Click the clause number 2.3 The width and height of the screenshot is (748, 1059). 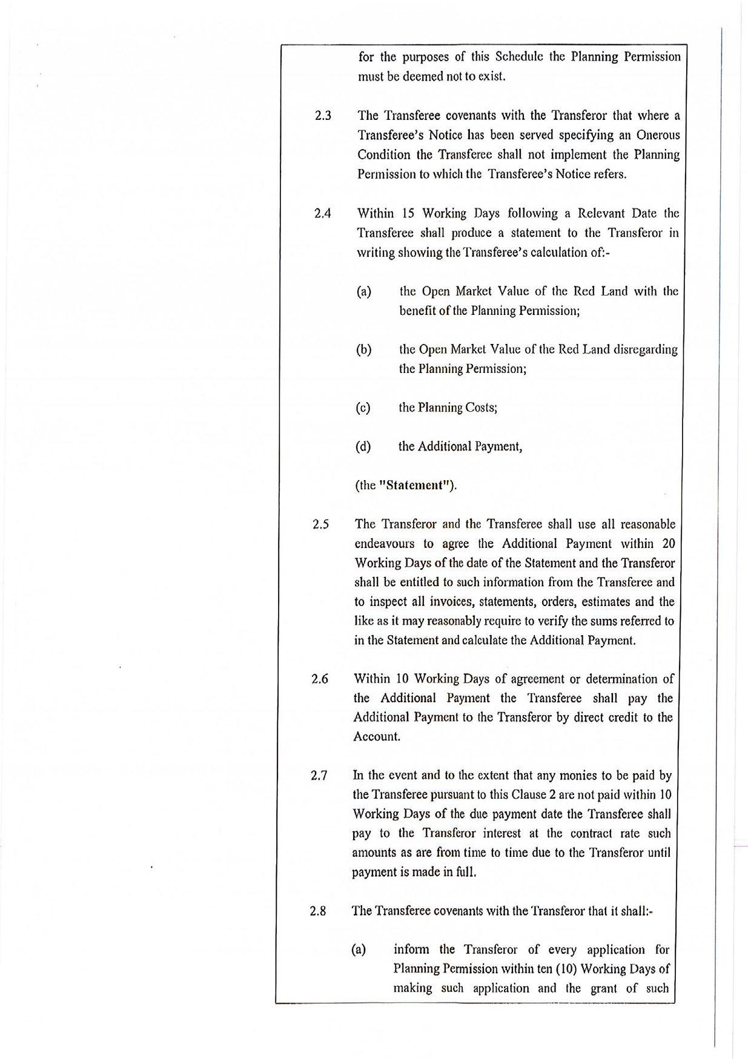(323, 116)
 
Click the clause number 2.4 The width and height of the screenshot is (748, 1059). (322, 213)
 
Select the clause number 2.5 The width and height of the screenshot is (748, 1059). (321, 524)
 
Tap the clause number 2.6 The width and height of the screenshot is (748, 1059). (320, 679)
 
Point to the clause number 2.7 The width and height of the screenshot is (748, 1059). (319, 776)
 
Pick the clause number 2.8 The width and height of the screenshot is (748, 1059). (318, 911)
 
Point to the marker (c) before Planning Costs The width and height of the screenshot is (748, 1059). (363, 407)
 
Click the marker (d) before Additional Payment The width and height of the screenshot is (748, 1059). (363, 447)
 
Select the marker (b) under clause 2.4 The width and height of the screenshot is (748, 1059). (363, 350)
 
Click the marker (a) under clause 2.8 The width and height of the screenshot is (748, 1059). (359, 949)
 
